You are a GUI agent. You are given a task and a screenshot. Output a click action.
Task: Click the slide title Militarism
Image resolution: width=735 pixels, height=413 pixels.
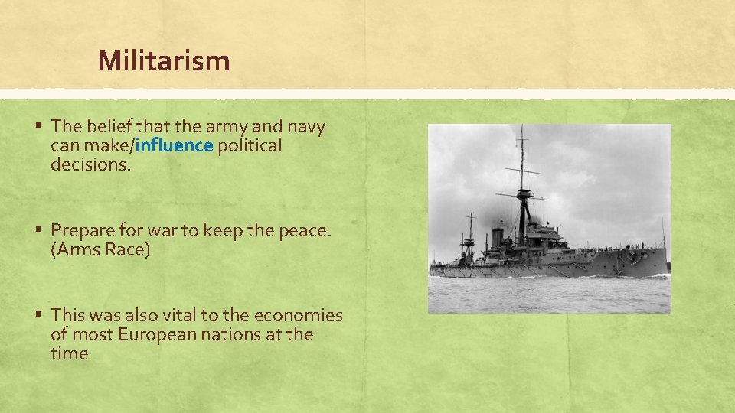point(164,60)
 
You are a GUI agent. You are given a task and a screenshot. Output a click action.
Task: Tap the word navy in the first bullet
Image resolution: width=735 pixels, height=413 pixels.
point(306,126)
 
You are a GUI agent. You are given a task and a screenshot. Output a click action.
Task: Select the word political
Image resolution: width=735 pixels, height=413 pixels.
point(250,145)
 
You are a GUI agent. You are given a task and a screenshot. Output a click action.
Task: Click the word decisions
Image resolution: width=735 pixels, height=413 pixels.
point(91,164)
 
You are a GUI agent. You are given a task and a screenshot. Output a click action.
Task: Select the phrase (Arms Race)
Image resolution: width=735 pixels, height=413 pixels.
point(100,250)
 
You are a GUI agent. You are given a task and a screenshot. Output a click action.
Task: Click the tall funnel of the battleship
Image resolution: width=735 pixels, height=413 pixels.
point(496,236)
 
